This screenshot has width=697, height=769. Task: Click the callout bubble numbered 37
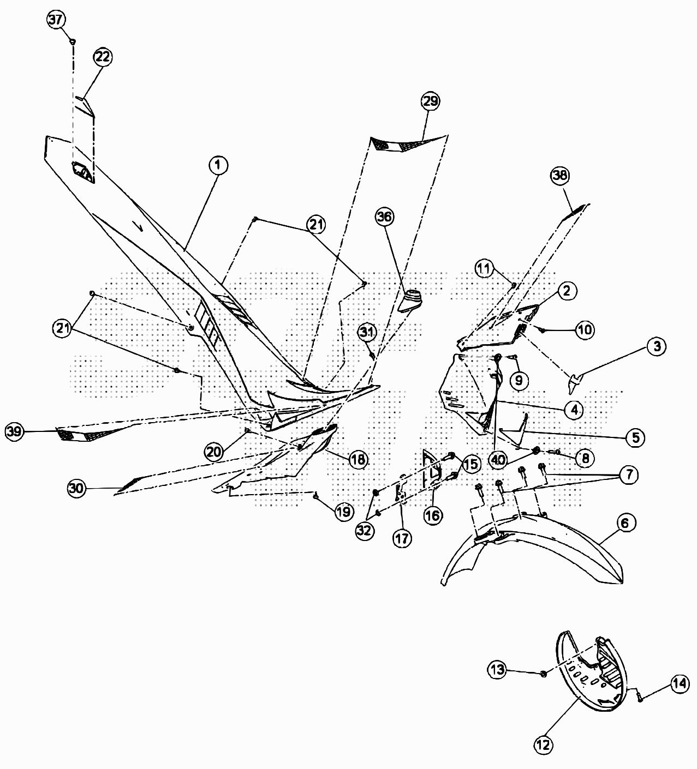point(56,20)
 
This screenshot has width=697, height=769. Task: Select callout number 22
point(103,56)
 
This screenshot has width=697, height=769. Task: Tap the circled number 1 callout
point(218,165)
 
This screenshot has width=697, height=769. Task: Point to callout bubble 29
point(430,101)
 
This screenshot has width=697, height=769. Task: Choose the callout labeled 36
point(384,217)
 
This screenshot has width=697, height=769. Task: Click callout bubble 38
point(560,175)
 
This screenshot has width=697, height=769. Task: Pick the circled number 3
point(657,346)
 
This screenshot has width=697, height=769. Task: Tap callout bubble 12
point(544,744)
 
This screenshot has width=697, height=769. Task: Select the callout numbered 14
point(680,684)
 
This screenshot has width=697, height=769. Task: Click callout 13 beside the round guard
point(498,670)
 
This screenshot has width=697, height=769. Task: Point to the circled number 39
point(15,432)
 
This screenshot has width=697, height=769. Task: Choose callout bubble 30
point(77,489)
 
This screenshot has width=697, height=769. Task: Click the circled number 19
point(343,512)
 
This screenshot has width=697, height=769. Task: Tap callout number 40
point(498,460)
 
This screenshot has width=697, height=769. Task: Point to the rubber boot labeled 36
point(413,300)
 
